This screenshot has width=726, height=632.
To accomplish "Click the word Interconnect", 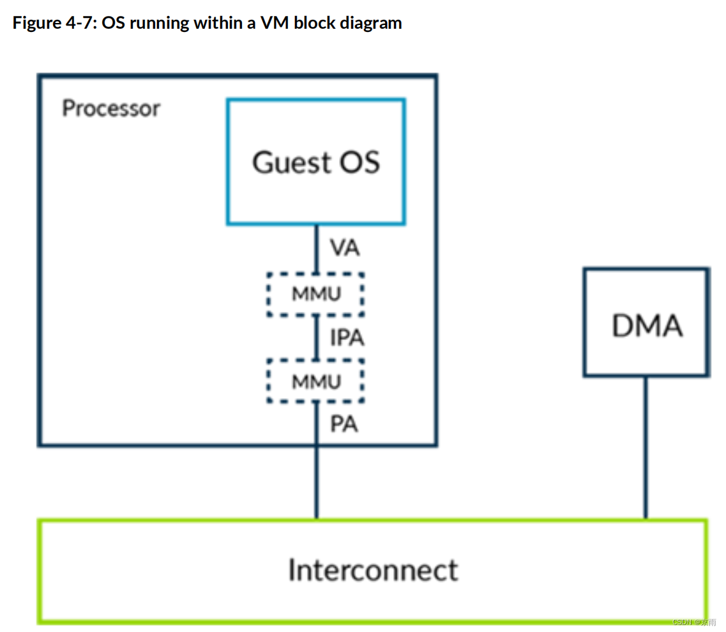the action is point(373,570).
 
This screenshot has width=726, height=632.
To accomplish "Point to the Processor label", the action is point(111,109).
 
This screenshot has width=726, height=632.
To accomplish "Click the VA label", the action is point(344,247).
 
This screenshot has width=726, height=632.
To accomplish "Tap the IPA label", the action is point(347,337).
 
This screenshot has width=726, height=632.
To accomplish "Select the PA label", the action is point(344,424).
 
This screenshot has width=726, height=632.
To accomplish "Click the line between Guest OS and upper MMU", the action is point(317,249).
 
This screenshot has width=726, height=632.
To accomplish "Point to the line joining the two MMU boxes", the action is point(317,338).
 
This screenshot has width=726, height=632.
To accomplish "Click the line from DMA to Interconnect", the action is point(646,448).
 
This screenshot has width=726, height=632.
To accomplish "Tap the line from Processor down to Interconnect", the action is point(317,482).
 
